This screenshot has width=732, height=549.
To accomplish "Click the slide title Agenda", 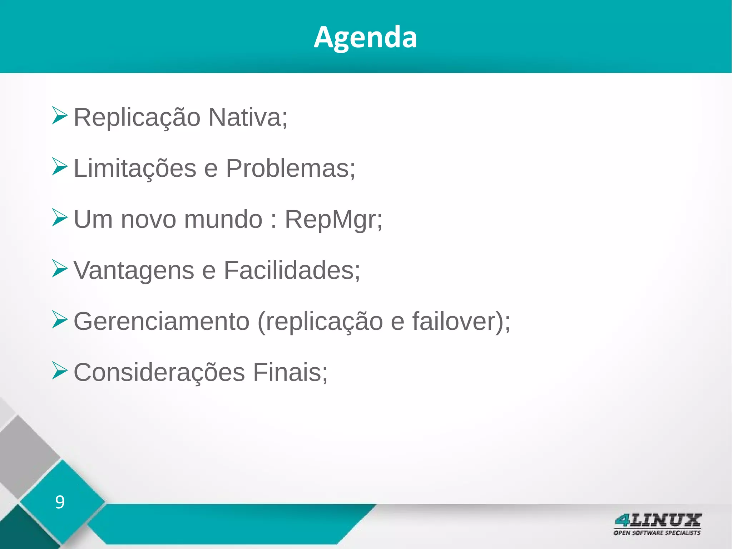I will pos(365,37).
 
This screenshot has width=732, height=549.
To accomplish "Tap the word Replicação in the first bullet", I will pos(137,117).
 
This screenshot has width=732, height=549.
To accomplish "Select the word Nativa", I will pos(248,117).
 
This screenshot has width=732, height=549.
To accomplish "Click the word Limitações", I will pos(135,168).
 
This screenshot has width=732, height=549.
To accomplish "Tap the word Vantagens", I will pos(134,270).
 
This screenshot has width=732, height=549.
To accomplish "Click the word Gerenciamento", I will pos(161,321).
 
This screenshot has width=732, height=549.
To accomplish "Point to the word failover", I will pos(454,321).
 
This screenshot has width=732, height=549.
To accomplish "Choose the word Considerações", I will pos(159,372).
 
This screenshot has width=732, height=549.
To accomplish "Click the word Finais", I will pos(290,372).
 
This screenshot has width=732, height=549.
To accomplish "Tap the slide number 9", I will pos(60,502).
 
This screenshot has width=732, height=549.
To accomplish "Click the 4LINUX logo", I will pos(658,520).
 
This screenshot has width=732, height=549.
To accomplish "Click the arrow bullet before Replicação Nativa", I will pos(59,115).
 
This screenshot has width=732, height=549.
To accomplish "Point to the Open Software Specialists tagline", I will pos(657,533).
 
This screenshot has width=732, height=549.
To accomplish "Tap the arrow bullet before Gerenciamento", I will pos(59,319).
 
